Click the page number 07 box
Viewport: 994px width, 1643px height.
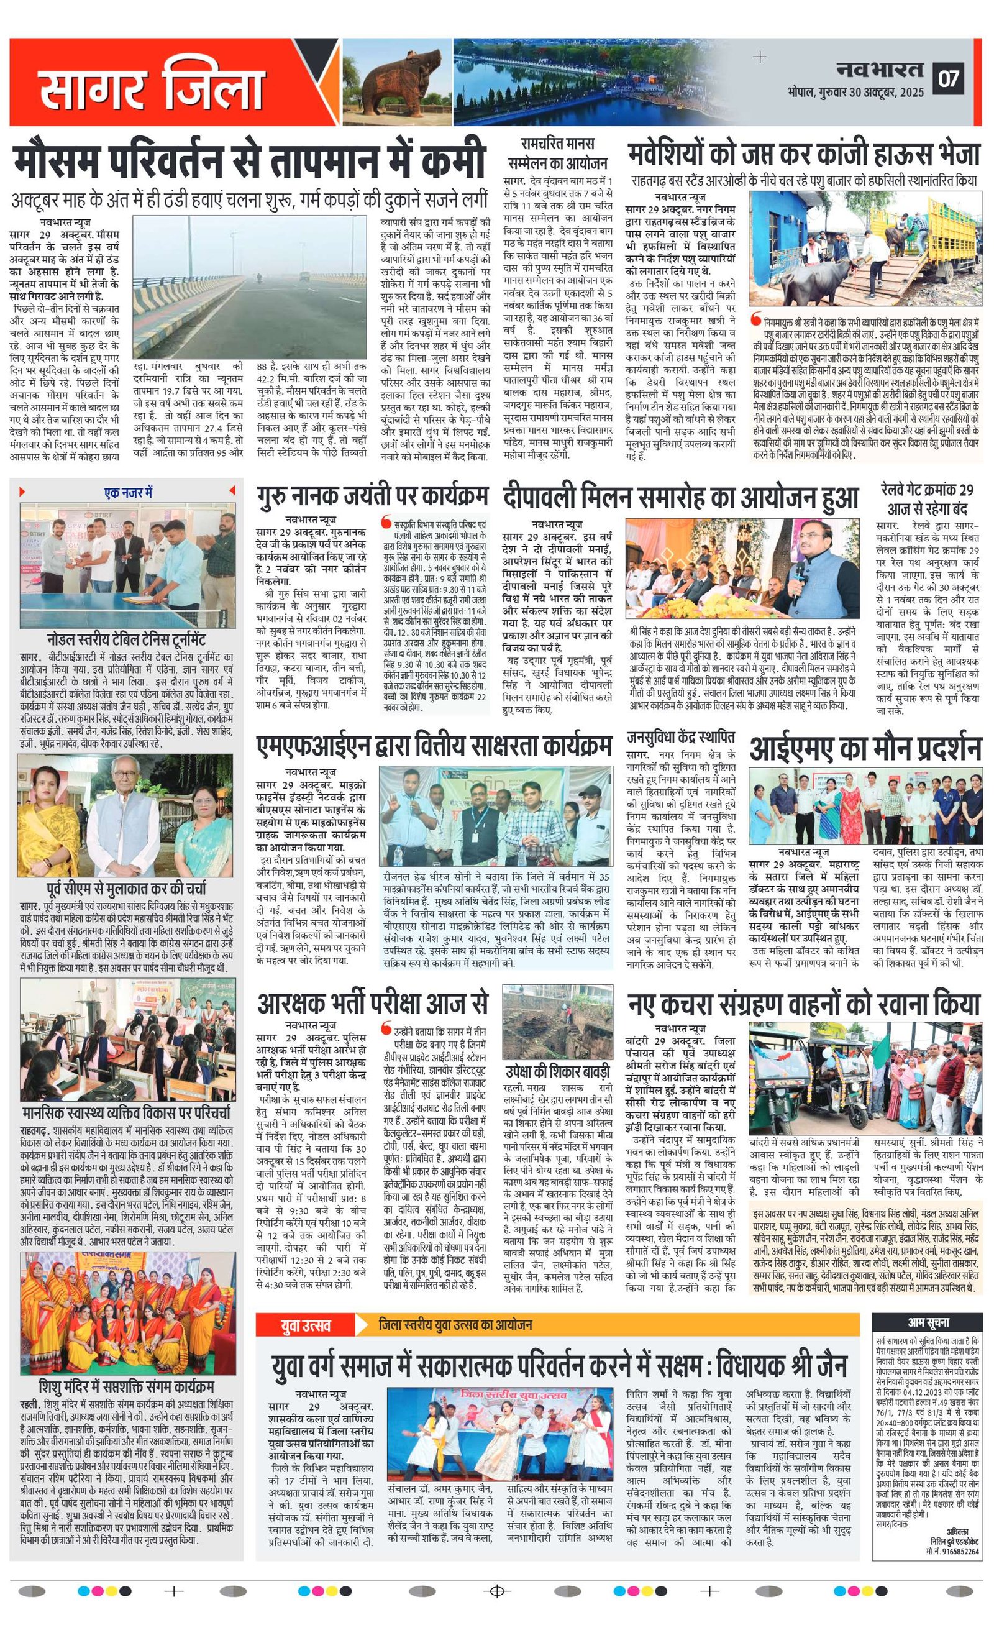[x=949, y=79]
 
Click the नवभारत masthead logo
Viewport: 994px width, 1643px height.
[x=880, y=69]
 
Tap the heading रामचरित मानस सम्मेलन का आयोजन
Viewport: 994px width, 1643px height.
[x=557, y=153]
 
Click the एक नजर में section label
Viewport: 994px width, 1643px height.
[x=128, y=493]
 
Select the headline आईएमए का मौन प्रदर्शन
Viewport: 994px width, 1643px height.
[x=865, y=748]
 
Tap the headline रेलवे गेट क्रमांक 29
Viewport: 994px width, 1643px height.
[x=926, y=498]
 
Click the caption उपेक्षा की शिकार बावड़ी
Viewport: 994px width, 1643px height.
[x=557, y=1071]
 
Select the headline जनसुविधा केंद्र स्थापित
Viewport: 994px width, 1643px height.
[x=681, y=737]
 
